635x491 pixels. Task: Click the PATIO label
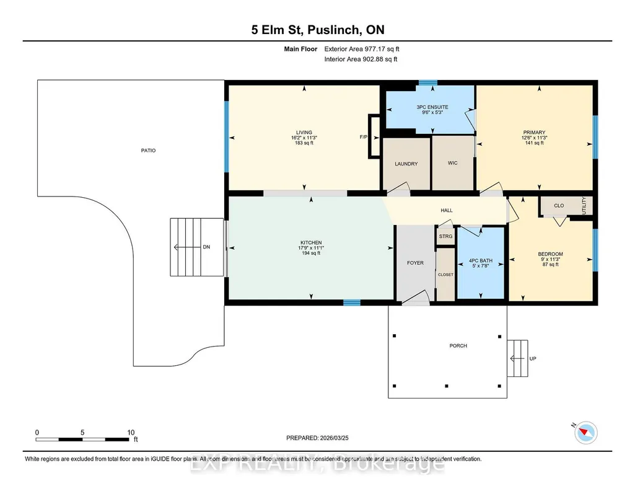click(x=148, y=150)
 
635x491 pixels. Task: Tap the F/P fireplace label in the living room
click(x=363, y=137)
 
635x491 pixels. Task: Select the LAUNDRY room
click(x=406, y=164)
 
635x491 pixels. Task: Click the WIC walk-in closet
click(x=453, y=163)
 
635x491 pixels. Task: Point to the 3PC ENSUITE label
click(x=432, y=107)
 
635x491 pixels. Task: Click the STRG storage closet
click(x=445, y=236)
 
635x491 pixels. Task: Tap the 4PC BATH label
click(x=481, y=260)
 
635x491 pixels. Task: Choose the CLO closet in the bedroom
click(x=559, y=205)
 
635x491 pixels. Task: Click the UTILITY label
click(x=584, y=205)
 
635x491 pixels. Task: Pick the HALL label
click(x=446, y=210)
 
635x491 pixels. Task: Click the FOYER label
click(x=415, y=263)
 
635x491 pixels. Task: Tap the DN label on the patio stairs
click(x=206, y=247)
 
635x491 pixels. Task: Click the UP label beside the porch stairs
click(x=533, y=358)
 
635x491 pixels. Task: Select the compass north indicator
click(x=585, y=433)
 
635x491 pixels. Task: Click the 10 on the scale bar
click(x=131, y=432)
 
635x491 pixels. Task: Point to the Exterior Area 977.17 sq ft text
click(x=362, y=49)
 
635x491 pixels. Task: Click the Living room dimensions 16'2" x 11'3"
click(x=304, y=138)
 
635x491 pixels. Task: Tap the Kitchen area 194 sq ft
click(x=311, y=253)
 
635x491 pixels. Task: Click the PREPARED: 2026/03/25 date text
click(x=317, y=438)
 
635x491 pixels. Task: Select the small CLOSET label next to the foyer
click(x=445, y=275)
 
